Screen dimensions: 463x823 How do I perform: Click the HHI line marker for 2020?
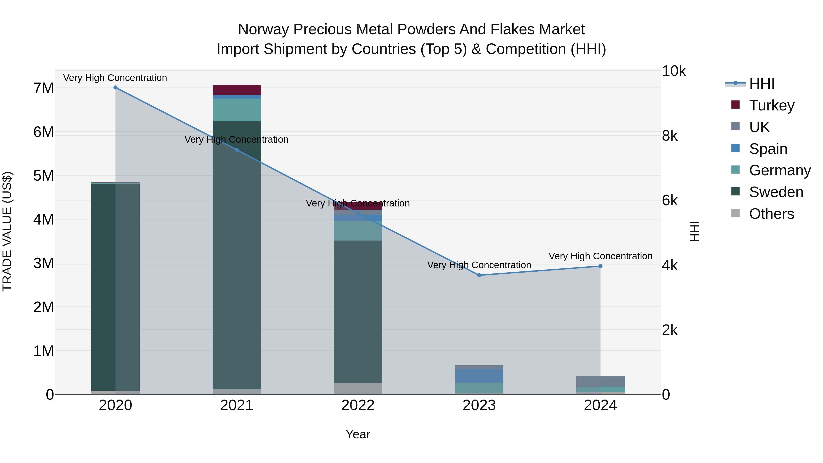point(115,88)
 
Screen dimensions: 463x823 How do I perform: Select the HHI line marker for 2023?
point(479,275)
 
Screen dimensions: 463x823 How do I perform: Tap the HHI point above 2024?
point(600,266)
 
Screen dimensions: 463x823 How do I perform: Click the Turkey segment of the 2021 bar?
point(237,90)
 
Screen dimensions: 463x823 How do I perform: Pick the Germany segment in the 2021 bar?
point(237,110)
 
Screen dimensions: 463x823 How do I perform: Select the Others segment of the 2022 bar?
point(358,388)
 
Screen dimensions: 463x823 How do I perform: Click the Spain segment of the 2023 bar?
point(479,376)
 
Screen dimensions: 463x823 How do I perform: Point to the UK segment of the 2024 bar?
point(600,382)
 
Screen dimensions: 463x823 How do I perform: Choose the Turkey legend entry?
point(772,105)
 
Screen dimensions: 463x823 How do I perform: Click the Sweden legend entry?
point(776,192)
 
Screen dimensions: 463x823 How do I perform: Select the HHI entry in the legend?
point(762,84)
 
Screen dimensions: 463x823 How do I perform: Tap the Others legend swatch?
point(735,213)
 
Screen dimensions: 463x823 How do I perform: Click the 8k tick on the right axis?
point(670,136)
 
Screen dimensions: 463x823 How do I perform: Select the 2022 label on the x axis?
point(358,405)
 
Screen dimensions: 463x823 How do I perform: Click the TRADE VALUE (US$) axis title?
point(7,231)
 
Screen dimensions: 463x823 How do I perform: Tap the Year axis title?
point(358,434)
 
